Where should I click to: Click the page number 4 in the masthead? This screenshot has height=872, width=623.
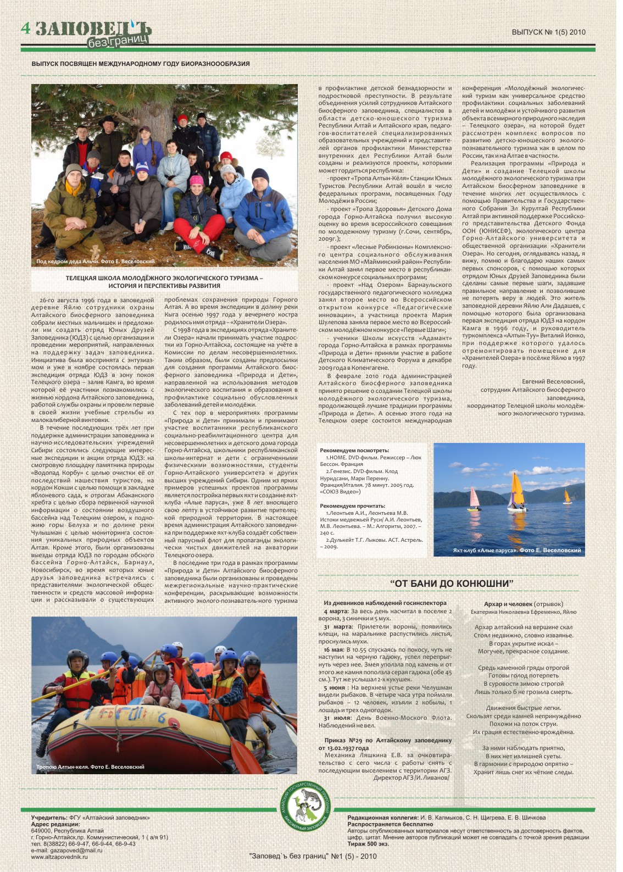point(26,29)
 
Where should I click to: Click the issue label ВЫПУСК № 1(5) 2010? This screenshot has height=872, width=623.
point(548,32)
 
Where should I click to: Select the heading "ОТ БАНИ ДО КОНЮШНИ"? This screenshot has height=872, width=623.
point(452,584)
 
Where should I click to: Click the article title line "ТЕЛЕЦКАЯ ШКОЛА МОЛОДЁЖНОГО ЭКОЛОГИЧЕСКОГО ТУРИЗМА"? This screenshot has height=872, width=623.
point(164,278)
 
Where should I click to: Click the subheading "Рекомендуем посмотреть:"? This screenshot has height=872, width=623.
point(354,451)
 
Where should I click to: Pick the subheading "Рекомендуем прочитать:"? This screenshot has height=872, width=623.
point(353,506)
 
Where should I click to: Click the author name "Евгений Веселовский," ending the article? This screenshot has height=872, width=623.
point(553,382)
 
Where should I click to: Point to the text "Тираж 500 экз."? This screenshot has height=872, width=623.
point(368,844)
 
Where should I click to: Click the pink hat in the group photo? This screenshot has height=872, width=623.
point(196,180)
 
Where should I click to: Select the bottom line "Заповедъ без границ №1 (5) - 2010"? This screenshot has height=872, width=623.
point(313,856)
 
